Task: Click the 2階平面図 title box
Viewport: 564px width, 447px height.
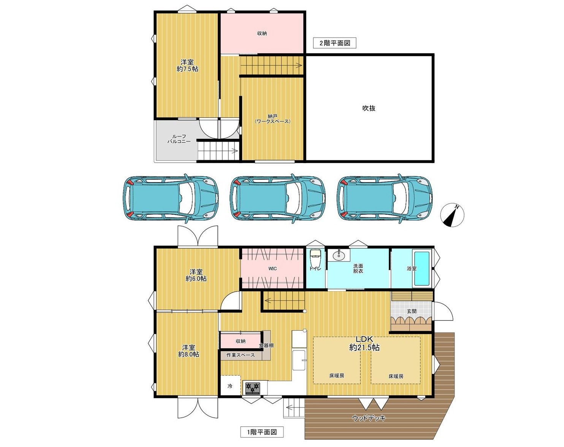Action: (x=335, y=43)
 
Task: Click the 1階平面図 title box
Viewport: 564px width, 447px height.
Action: (x=262, y=432)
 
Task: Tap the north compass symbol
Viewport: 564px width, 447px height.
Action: (x=452, y=215)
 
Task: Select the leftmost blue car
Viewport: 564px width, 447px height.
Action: (x=171, y=198)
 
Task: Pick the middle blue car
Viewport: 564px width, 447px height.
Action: (x=278, y=198)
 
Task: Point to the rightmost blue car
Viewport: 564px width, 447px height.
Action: (x=385, y=198)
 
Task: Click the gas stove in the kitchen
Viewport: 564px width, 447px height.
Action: (x=253, y=388)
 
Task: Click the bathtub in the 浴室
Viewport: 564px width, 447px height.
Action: (x=422, y=269)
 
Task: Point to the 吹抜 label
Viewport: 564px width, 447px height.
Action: (x=369, y=108)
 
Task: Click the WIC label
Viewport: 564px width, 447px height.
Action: (x=272, y=268)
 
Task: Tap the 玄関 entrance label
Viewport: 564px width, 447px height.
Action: (x=412, y=311)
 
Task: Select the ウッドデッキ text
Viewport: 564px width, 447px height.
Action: (x=369, y=418)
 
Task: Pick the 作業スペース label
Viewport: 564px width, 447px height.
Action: (x=241, y=355)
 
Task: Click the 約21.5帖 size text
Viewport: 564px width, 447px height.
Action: (x=364, y=348)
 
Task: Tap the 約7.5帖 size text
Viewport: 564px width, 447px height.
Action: (x=187, y=69)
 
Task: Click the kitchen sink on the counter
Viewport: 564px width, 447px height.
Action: (x=299, y=360)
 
